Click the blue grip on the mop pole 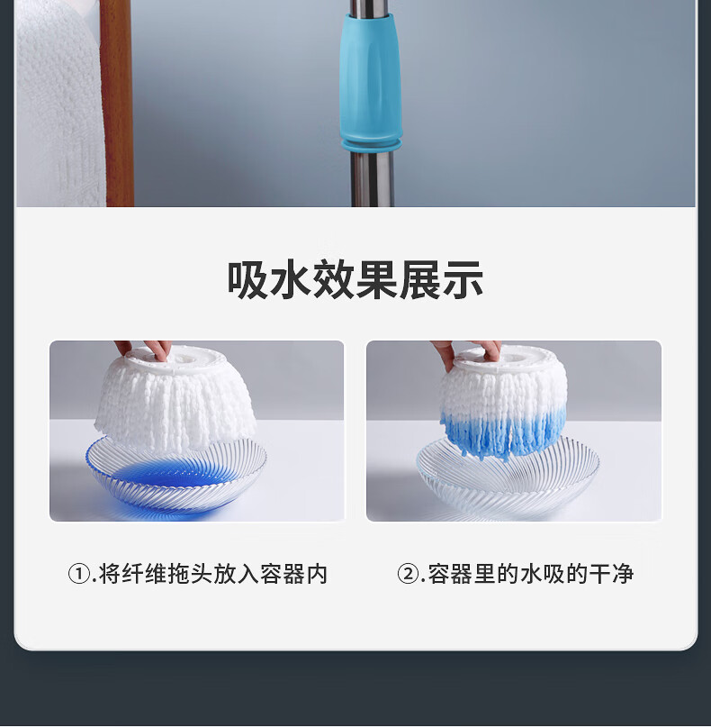tap(370, 79)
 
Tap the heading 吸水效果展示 tap(355, 279)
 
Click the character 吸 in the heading tap(247, 279)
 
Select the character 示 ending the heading tap(463, 279)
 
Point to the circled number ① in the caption tap(79, 574)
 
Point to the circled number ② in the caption tap(408, 574)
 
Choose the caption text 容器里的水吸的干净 tap(531, 574)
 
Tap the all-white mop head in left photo tap(176, 401)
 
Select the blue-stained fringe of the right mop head tap(502, 431)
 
